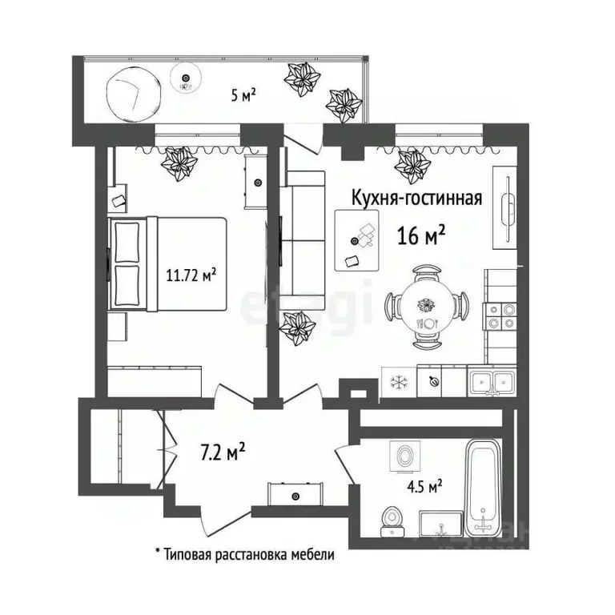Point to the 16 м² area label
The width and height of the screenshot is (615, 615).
(x=421, y=235)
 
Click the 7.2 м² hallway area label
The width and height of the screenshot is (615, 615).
(x=222, y=453)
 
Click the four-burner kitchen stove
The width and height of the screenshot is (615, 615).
(x=500, y=315)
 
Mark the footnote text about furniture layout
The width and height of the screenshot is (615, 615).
(x=243, y=553)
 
